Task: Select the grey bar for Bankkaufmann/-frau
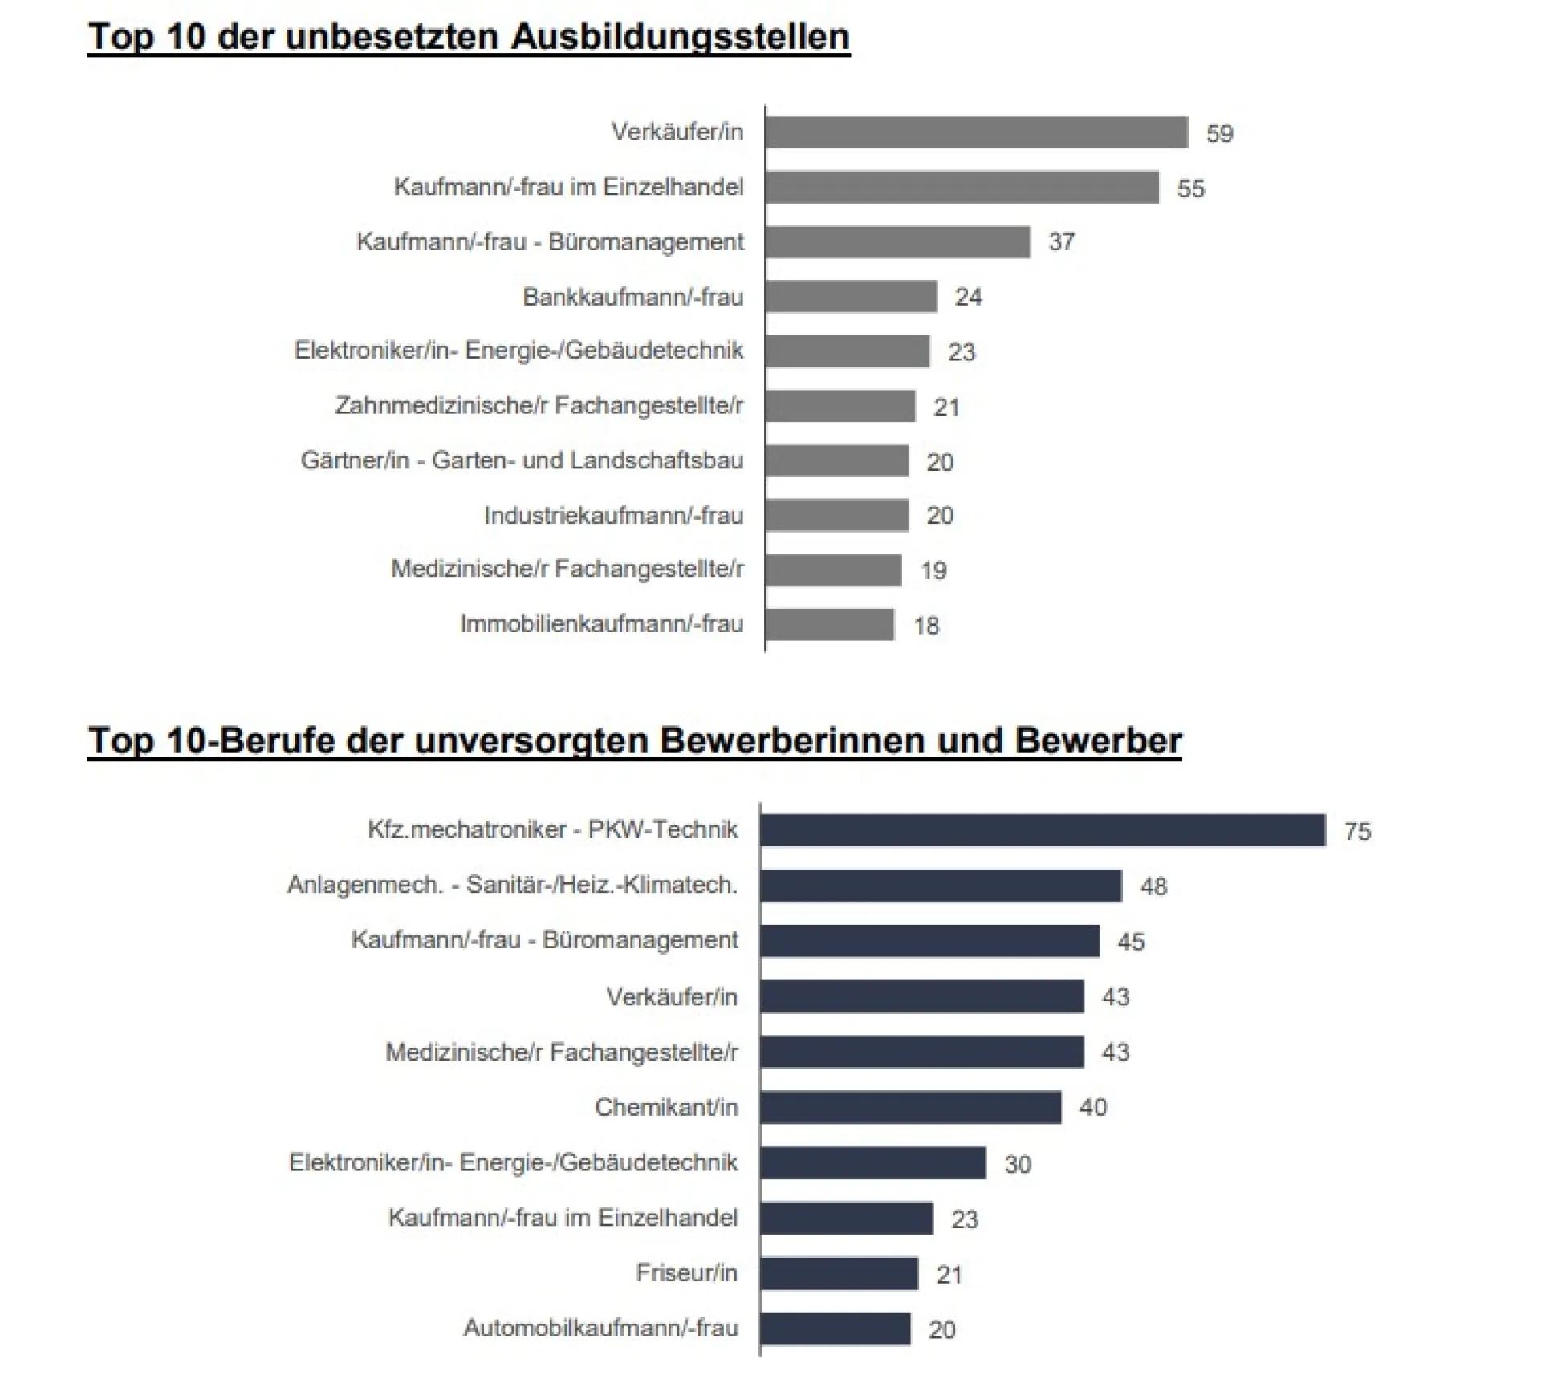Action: pos(851,297)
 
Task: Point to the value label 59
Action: pos(1219,133)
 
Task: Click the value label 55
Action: pos(1190,189)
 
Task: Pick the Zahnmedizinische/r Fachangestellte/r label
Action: pos(539,406)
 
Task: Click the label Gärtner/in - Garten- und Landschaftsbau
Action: pos(522,461)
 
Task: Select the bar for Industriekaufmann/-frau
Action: pos(836,515)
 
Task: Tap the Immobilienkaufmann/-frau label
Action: pos(601,624)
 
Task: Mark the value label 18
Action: pos(926,626)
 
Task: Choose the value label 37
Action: pos(1061,242)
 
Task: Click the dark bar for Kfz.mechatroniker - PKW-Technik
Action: pos(1042,830)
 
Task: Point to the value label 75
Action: pos(1357,832)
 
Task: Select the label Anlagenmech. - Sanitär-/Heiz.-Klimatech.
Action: pos(512,885)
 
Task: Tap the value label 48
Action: pos(1153,887)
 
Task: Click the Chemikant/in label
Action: pos(666,1108)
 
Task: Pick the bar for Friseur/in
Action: pos(839,1273)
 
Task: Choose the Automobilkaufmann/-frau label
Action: pos(600,1328)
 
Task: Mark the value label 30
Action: pos(1018,1164)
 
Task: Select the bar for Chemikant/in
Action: pos(910,1108)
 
